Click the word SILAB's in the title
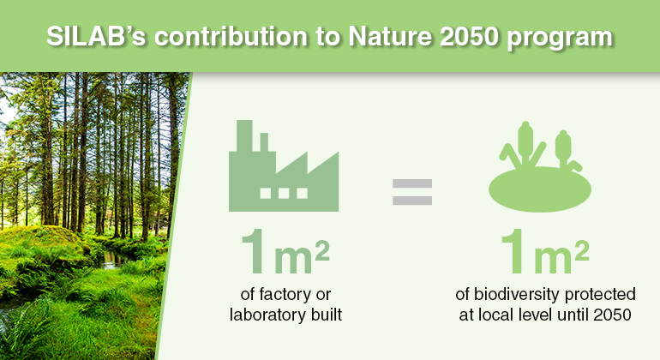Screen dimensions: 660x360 coord(96,37)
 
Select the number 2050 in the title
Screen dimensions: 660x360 coord(470,37)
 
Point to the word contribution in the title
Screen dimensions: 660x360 coord(231,37)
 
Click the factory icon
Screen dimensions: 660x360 coord(284,165)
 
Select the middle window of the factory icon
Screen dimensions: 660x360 coord(284,193)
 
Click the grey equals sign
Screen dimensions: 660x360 coord(412,192)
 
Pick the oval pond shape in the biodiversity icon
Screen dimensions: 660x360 coord(540,189)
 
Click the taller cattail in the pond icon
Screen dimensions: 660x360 coord(525,142)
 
